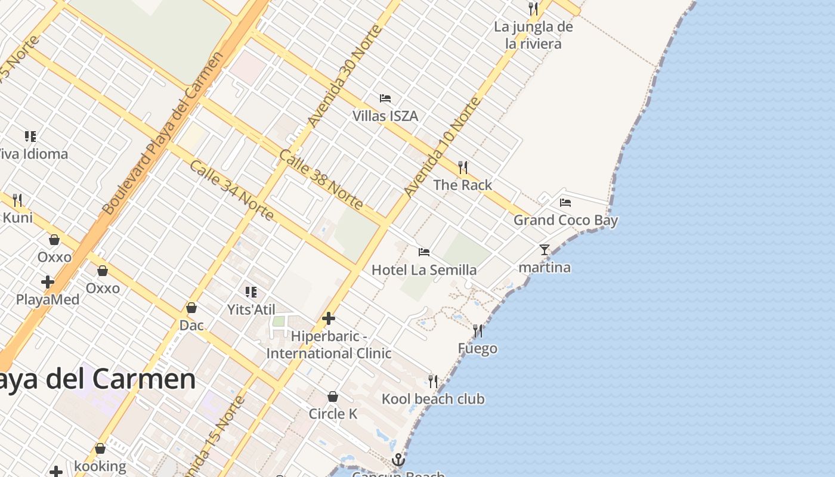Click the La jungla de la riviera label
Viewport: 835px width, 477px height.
533,35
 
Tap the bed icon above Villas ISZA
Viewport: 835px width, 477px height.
385,98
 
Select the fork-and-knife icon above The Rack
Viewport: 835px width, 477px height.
463,167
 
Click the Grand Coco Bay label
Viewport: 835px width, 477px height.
565,220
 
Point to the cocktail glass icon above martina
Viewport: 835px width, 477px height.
545,249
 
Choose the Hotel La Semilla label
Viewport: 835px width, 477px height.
424,270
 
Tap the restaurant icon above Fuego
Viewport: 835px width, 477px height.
478,330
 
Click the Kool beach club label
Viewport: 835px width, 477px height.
433,399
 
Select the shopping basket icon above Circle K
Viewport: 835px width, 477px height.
333,397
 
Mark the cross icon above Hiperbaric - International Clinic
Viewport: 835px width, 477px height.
328,318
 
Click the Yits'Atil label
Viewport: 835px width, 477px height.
251,309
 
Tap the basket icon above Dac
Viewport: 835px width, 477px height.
191,308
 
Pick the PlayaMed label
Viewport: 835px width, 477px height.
48,299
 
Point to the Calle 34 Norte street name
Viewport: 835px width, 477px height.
232,190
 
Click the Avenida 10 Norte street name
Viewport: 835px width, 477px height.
442,147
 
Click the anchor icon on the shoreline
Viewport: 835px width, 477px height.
398,460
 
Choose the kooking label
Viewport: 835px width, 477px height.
100,466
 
